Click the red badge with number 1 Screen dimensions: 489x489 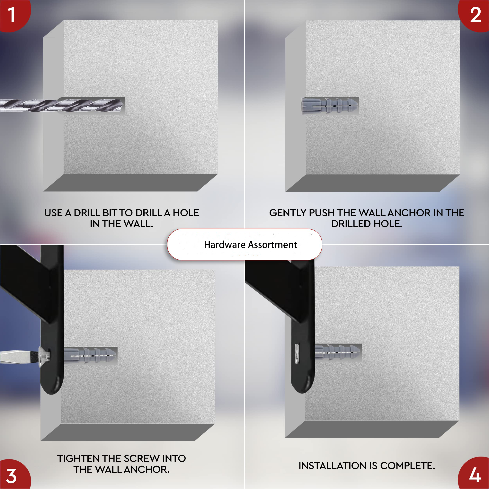tap(14, 15)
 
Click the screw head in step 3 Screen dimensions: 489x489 tap(44, 356)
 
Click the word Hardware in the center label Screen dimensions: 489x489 tap(225, 245)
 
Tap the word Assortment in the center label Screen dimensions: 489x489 tap(272, 245)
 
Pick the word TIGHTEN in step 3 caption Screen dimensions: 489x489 tap(78, 458)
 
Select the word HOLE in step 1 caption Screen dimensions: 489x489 tap(186, 213)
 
